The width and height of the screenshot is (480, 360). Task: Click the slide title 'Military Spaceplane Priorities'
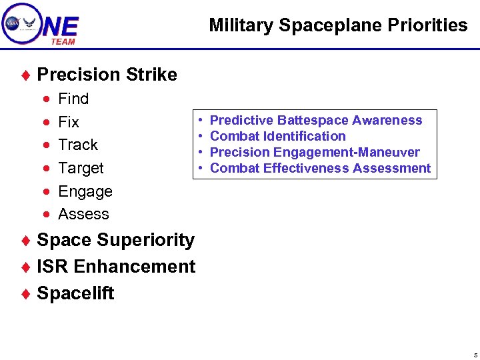pyautogui.click(x=338, y=25)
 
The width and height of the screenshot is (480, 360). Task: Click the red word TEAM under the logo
pyautogui.click(x=63, y=41)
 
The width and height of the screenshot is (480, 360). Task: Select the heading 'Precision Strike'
pyautogui.click(x=107, y=75)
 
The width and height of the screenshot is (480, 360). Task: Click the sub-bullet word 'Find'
pyautogui.click(x=73, y=99)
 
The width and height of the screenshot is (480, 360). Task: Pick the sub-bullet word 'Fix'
pyautogui.click(x=69, y=122)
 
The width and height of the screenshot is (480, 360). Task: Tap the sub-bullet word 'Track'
pyautogui.click(x=78, y=145)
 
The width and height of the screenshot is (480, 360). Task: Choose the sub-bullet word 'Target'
pyautogui.click(x=81, y=168)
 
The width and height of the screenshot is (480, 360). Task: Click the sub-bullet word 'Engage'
pyautogui.click(x=85, y=191)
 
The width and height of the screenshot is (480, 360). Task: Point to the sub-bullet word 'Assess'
pyautogui.click(x=83, y=214)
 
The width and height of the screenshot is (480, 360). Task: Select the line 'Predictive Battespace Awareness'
pyautogui.click(x=316, y=120)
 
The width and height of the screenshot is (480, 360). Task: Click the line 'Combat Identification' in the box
pyautogui.click(x=277, y=136)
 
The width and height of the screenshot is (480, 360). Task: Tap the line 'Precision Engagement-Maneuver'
pyautogui.click(x=315, y=152)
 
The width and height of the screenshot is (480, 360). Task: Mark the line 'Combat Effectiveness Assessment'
pyautogui.click(x=320, y=168)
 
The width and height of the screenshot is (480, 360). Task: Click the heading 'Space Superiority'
pyautogui.click(x=115, y=240)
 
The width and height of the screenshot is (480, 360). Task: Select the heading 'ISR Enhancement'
pyautogui.click(x=116, y=267)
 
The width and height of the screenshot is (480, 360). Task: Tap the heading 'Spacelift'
pyautogui.click(x=75, y=293)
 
